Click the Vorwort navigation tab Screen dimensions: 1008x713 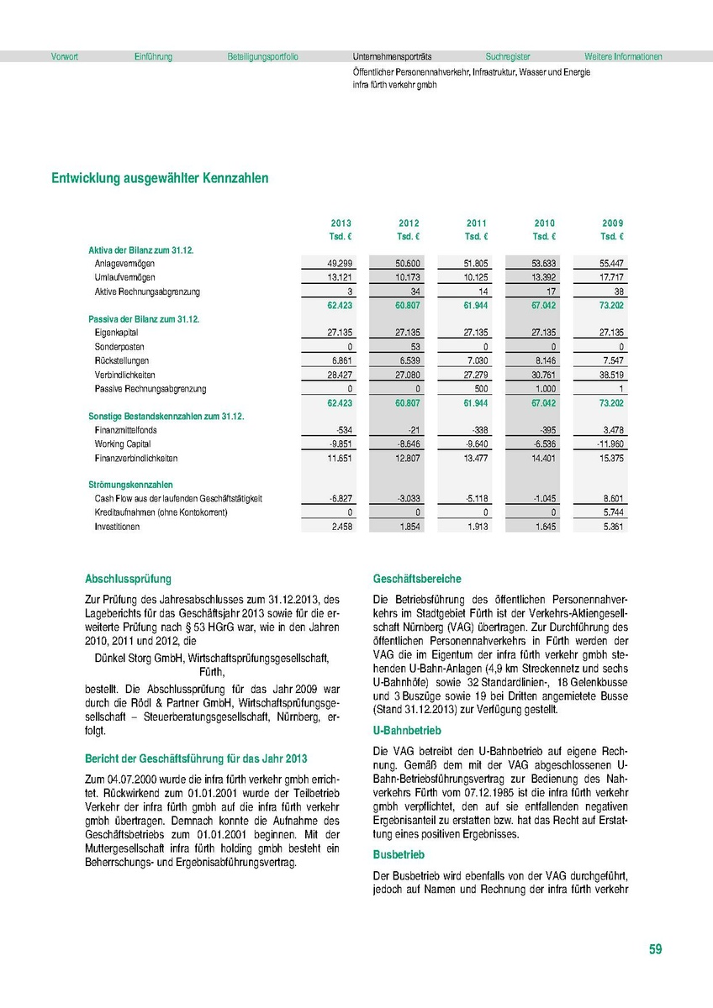[x=65, y=57]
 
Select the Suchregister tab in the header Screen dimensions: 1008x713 [x=506, y=57]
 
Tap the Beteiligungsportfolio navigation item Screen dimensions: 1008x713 [x=262, y=57]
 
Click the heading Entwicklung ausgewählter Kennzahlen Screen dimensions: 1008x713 [x=160, y=178]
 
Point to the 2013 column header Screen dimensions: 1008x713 [x=341, y=223]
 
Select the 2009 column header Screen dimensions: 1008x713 [x=612, y=223]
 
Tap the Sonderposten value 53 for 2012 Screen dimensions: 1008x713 [x=412, y=346]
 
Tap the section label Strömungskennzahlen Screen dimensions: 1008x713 [x=130, y=485]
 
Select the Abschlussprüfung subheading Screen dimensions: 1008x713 [x=128, y=579]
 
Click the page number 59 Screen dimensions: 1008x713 [x=655, y=949]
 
